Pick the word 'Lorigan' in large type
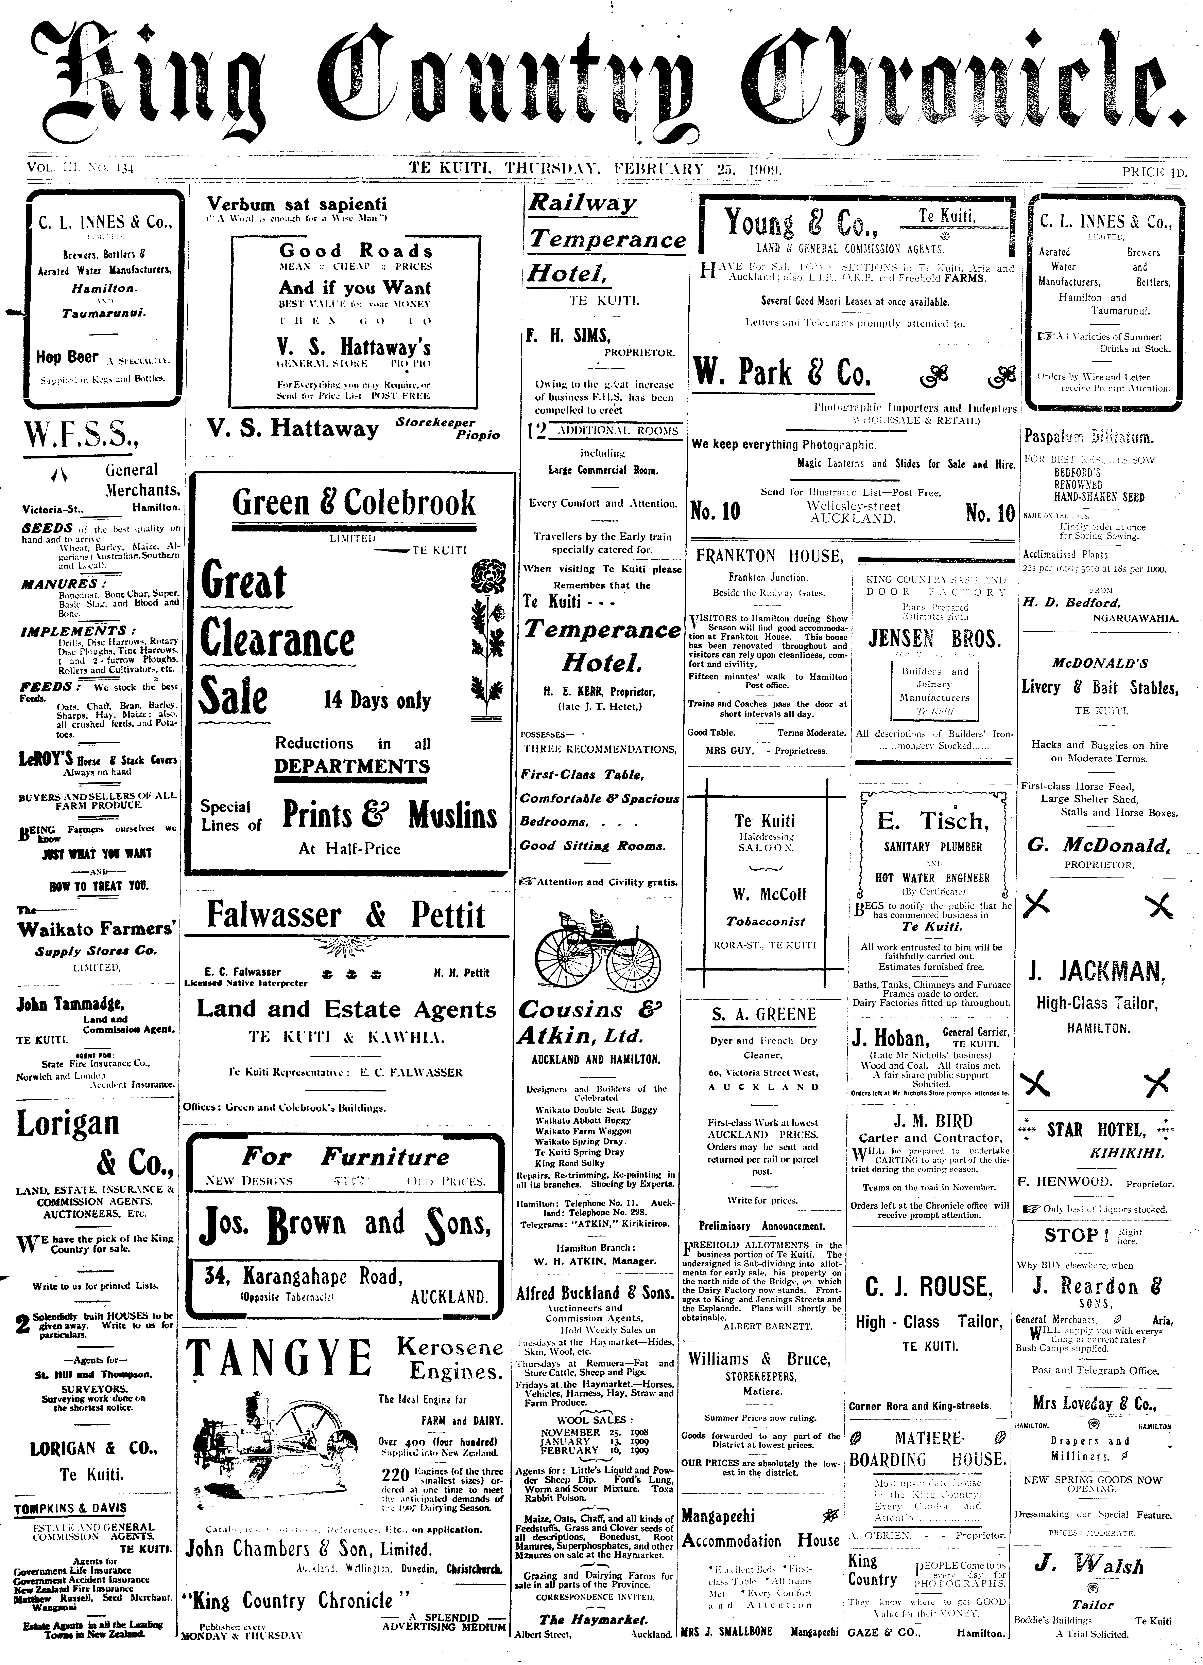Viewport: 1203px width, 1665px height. pos(68,1123)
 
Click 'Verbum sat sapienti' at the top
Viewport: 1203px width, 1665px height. pos(297,204)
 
